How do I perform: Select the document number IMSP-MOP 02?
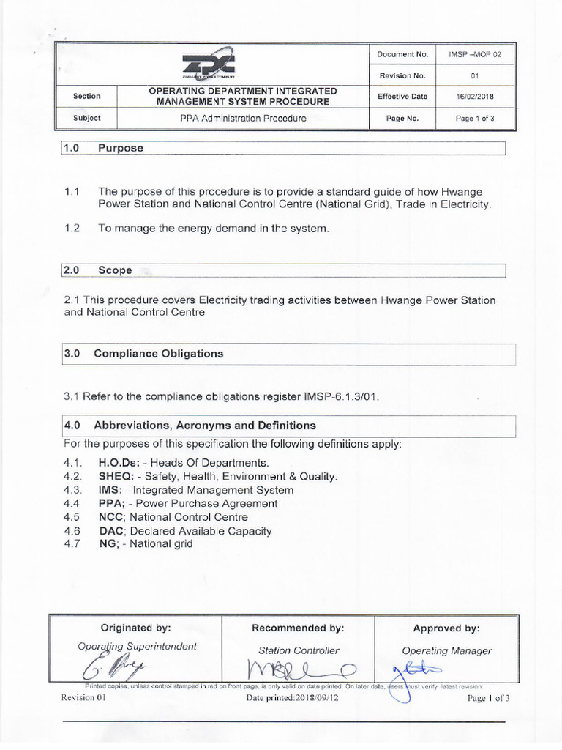475,54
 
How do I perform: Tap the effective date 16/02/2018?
475,96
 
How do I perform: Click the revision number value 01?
475,75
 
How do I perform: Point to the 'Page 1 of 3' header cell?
475,118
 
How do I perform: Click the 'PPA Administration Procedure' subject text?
242,118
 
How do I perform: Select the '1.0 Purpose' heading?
103,148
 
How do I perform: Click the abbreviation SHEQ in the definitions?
117,476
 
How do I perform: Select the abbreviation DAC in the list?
110,530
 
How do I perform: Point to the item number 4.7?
71,543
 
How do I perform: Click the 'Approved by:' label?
446,628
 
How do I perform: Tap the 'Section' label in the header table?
86,96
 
